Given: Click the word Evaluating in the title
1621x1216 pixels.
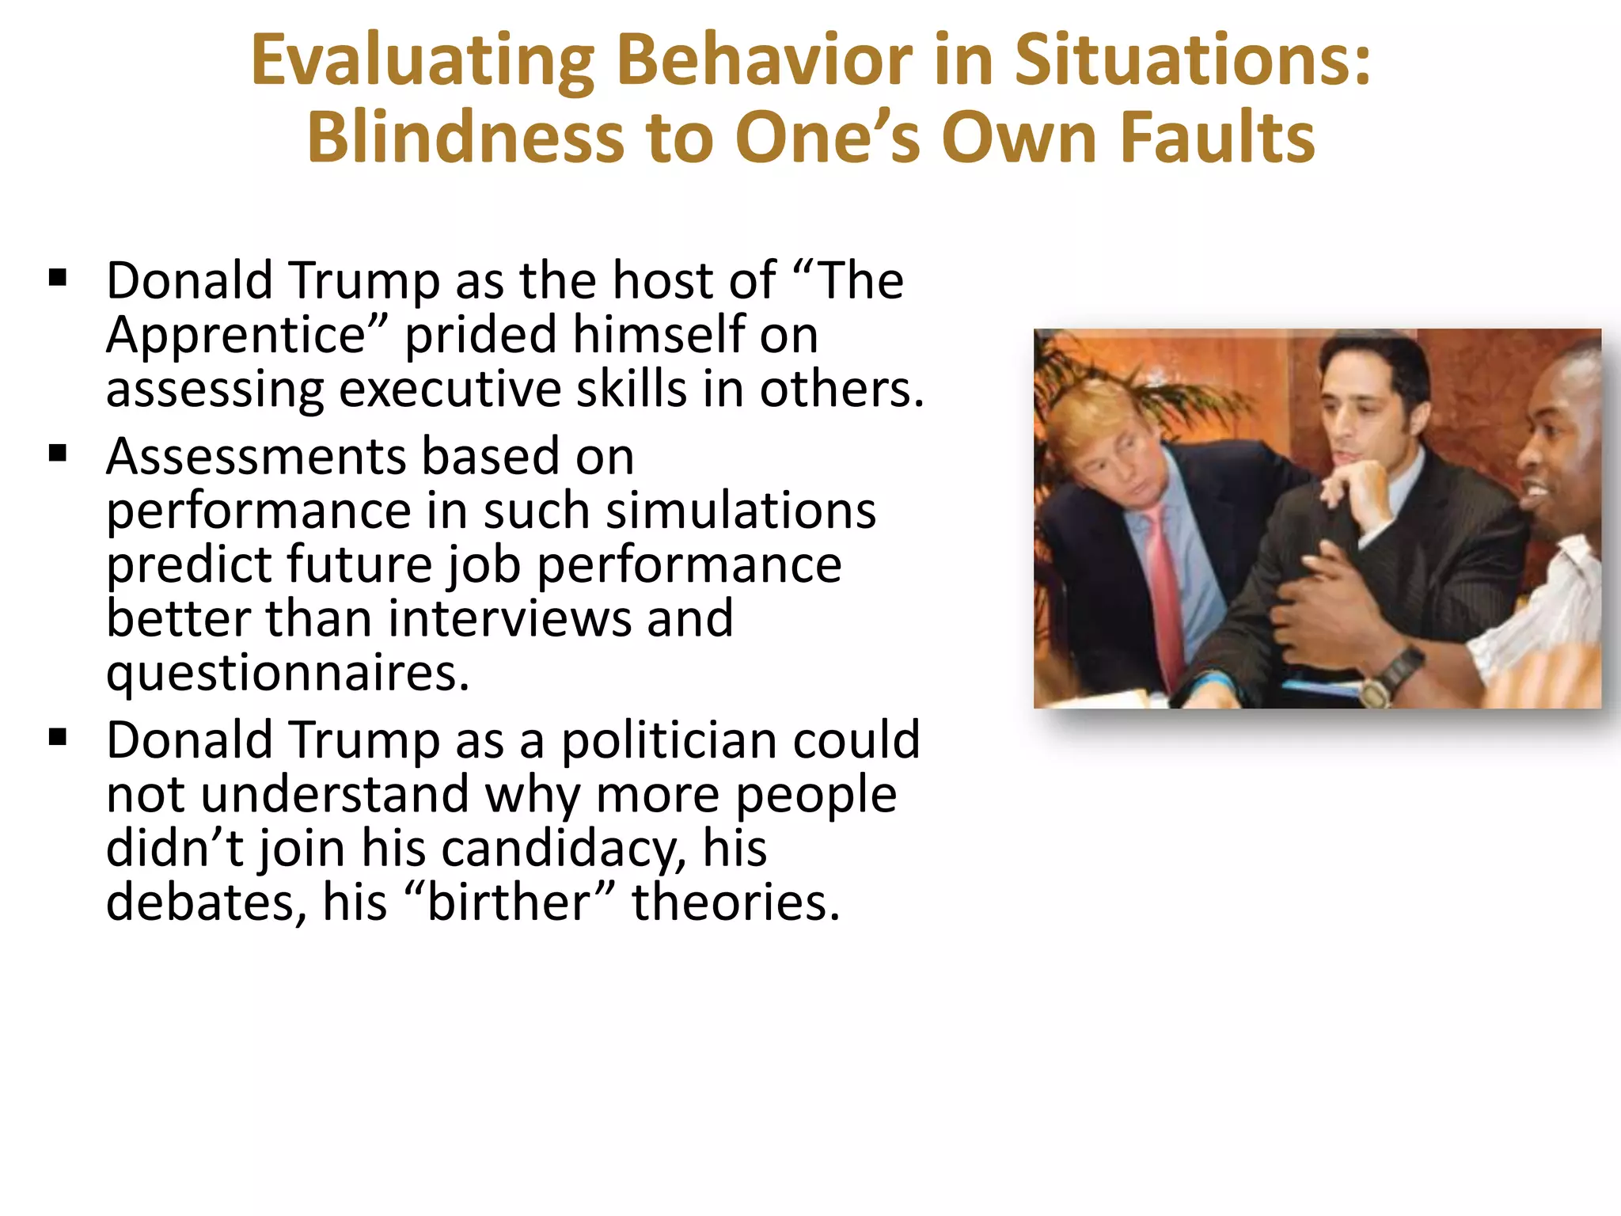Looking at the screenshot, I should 422,62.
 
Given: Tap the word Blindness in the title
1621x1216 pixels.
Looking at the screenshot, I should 464,138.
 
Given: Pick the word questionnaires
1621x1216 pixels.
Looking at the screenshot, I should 288,673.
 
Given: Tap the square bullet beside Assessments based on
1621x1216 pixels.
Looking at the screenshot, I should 58,454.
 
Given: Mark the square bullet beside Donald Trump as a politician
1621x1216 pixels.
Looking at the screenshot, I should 58,738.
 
